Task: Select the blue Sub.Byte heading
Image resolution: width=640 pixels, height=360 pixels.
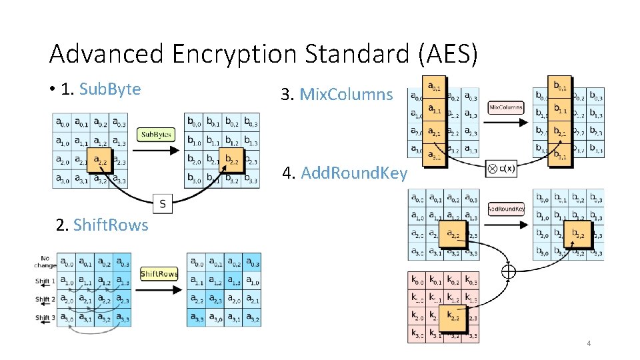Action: [x=110, y=89]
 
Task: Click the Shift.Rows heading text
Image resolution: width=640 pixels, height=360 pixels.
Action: [x=111, y=225]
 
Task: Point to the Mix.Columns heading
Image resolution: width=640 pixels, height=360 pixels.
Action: [x=346, y=95]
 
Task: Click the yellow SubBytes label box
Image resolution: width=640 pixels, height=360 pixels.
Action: [x=156, y=135]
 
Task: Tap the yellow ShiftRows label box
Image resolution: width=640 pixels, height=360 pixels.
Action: [x=159, y=274]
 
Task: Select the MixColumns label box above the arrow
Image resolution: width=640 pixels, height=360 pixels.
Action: [x=506, y=107]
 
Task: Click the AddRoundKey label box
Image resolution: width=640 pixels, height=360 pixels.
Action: [x=506, y=209]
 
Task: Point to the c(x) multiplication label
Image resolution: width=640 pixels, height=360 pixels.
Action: [x=502, y=169]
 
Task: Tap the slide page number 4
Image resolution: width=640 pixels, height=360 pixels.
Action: [x=589, y=343]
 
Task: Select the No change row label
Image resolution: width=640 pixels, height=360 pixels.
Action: [x=45, y=261]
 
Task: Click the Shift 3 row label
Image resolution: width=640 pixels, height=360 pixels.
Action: [x=45, y=317]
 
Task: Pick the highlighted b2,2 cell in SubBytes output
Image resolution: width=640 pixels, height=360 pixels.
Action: [x=232, y=160]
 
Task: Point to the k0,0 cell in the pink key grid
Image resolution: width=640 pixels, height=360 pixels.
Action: [x=417, y=279]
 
